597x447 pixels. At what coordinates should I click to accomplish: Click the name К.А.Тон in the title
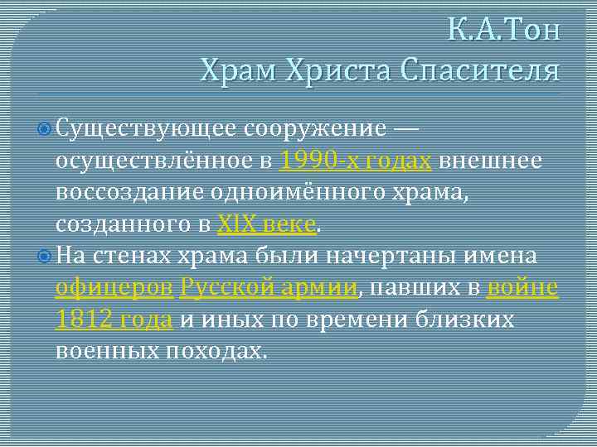pos(504,31)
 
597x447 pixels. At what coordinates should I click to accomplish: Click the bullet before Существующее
pos(46,129)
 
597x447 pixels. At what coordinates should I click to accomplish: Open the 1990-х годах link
pos(356,161)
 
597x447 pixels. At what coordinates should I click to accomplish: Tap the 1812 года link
pos(114,319)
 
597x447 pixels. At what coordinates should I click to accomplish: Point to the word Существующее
pos(148,129)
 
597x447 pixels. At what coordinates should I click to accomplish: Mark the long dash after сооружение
pos(405,129)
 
